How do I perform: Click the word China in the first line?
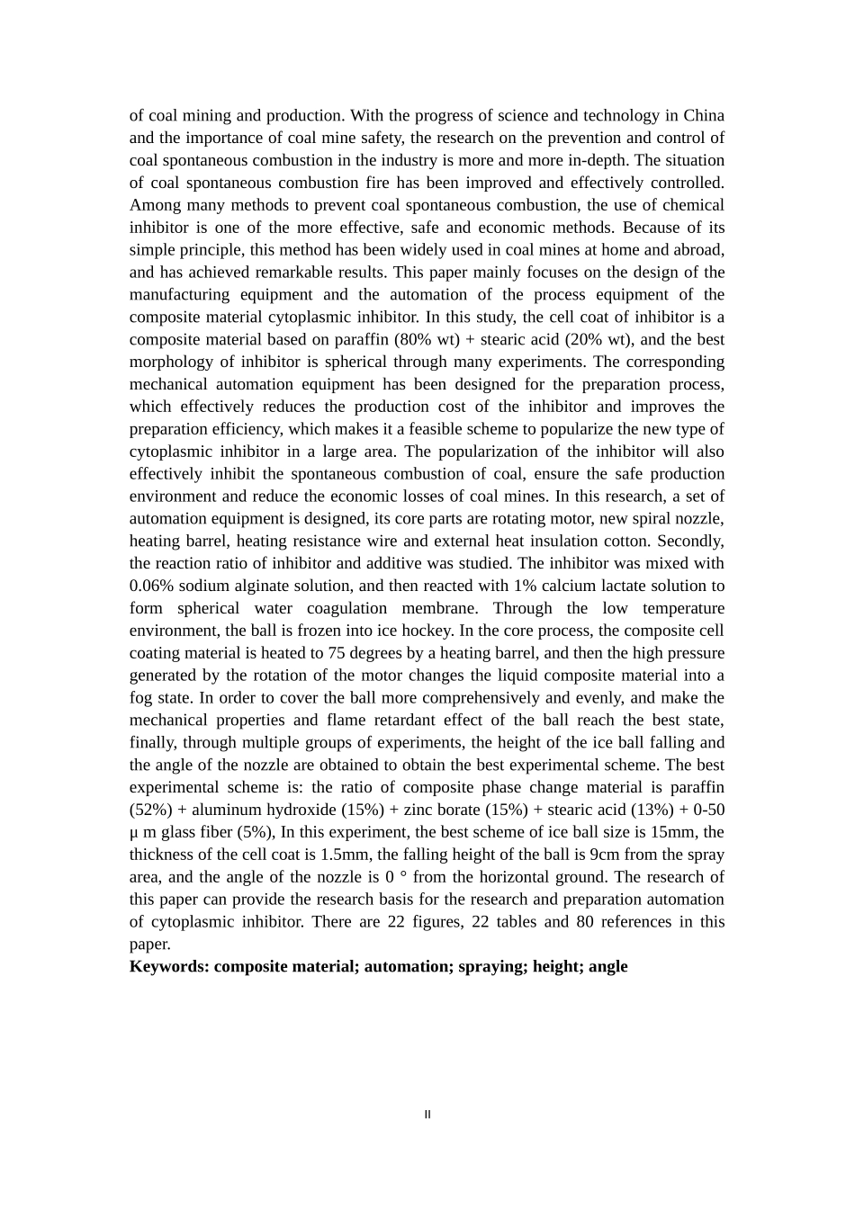tap(704, 115)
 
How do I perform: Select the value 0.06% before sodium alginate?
tap(152, 586)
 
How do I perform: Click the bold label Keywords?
tap(169, 966)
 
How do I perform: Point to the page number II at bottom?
tap(427, 1115)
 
